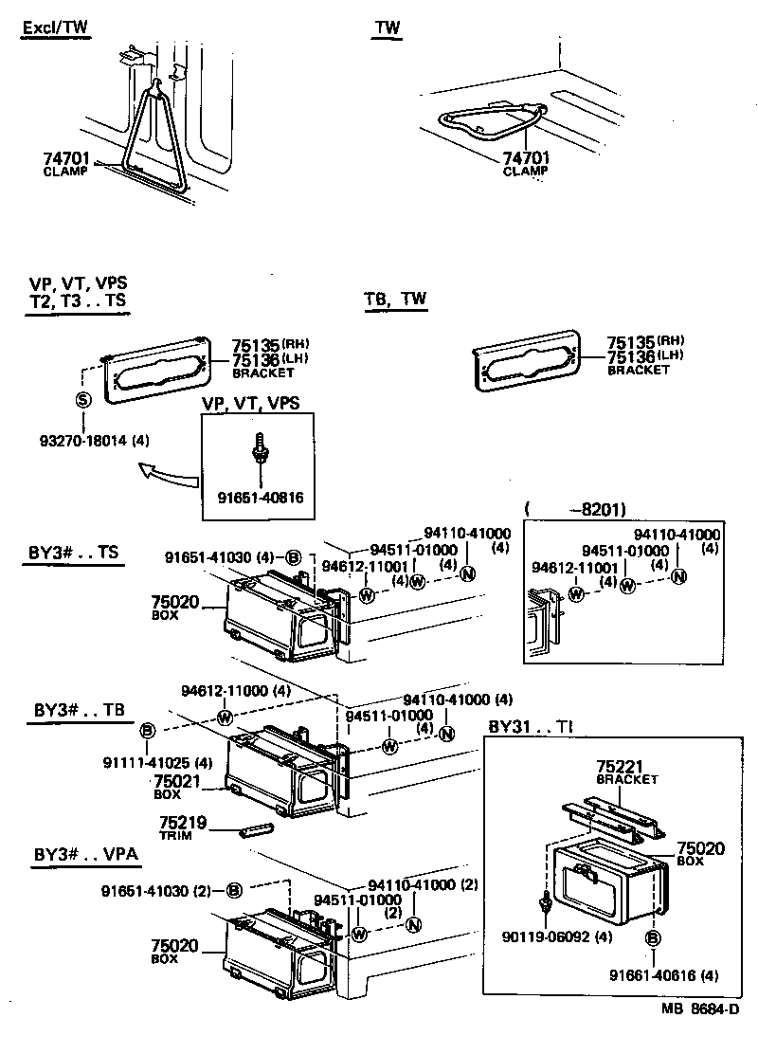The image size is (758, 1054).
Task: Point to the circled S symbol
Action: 81,399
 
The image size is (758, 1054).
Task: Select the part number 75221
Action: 622,764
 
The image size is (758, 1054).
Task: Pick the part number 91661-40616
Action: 652,975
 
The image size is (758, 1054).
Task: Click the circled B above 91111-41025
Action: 148,731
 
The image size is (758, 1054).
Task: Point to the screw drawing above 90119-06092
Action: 546,906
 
